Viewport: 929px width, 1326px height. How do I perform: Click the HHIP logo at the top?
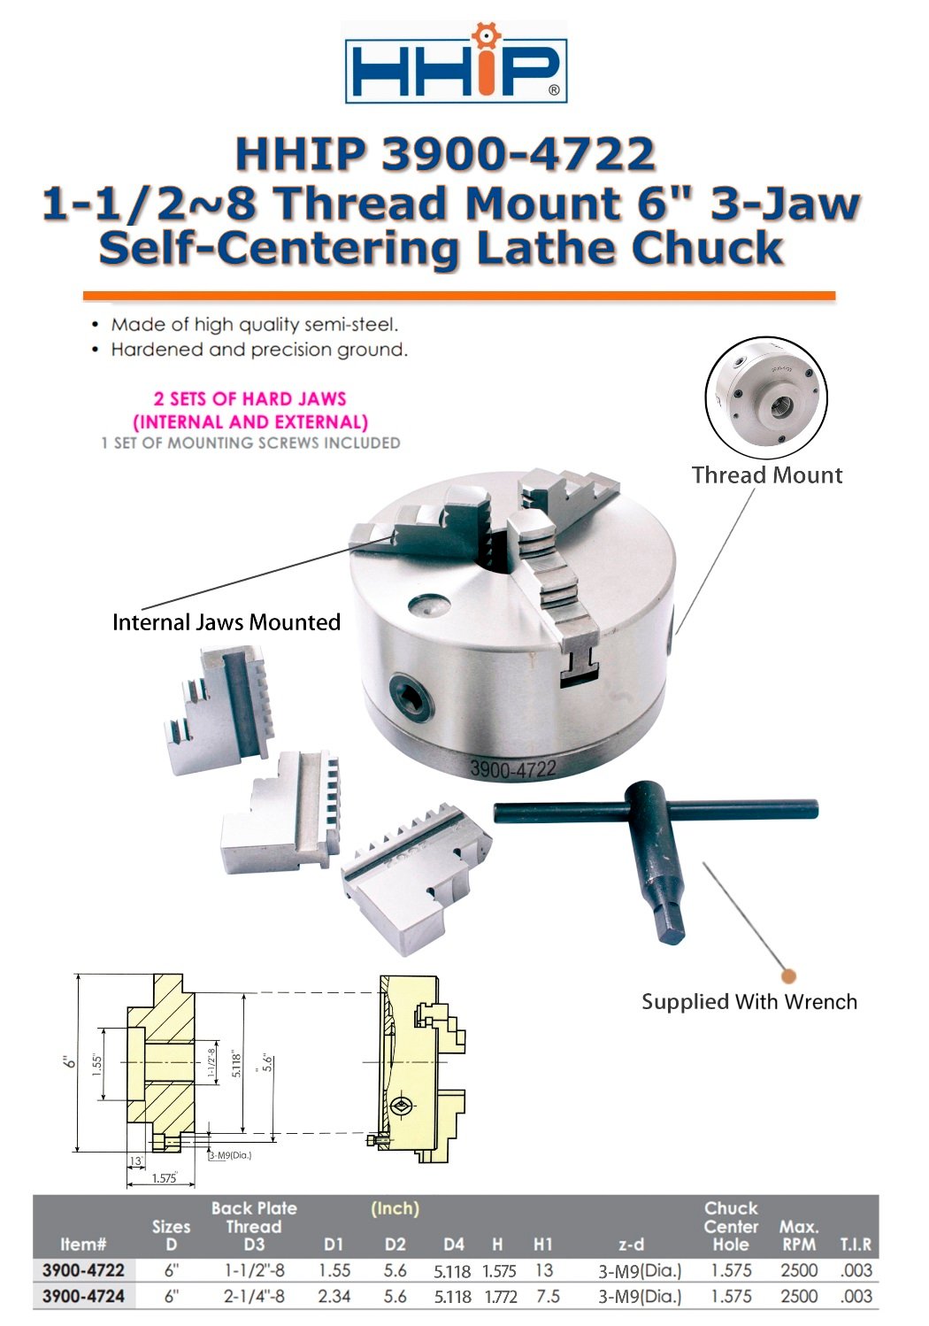coord(456,63)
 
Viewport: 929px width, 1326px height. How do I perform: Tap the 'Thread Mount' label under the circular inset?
coord(767,475)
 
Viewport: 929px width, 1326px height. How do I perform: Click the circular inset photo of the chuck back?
coord(765,397)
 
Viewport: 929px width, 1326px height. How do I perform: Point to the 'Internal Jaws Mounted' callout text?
coord(226,622)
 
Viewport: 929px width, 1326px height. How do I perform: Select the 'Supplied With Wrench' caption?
coord(749,1002)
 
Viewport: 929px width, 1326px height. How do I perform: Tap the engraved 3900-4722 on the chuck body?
coord(512,769)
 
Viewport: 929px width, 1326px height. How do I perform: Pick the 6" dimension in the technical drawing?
coord(70,1062)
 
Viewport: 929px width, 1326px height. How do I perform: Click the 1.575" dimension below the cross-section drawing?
coord(164,1178)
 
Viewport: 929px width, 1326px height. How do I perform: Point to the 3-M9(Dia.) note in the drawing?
coord(230,1155)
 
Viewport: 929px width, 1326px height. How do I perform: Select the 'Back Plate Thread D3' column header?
coord(254,1227)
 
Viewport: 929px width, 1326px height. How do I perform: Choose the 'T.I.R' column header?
coord(856,1245)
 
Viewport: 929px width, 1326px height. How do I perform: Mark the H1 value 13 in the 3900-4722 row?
coord(544,1270)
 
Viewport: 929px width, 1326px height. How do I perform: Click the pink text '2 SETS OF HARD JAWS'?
coord(250,399)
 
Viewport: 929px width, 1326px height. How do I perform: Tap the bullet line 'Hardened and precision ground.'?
coord(259,350)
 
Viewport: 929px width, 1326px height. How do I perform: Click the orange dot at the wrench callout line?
coord(788,975)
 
